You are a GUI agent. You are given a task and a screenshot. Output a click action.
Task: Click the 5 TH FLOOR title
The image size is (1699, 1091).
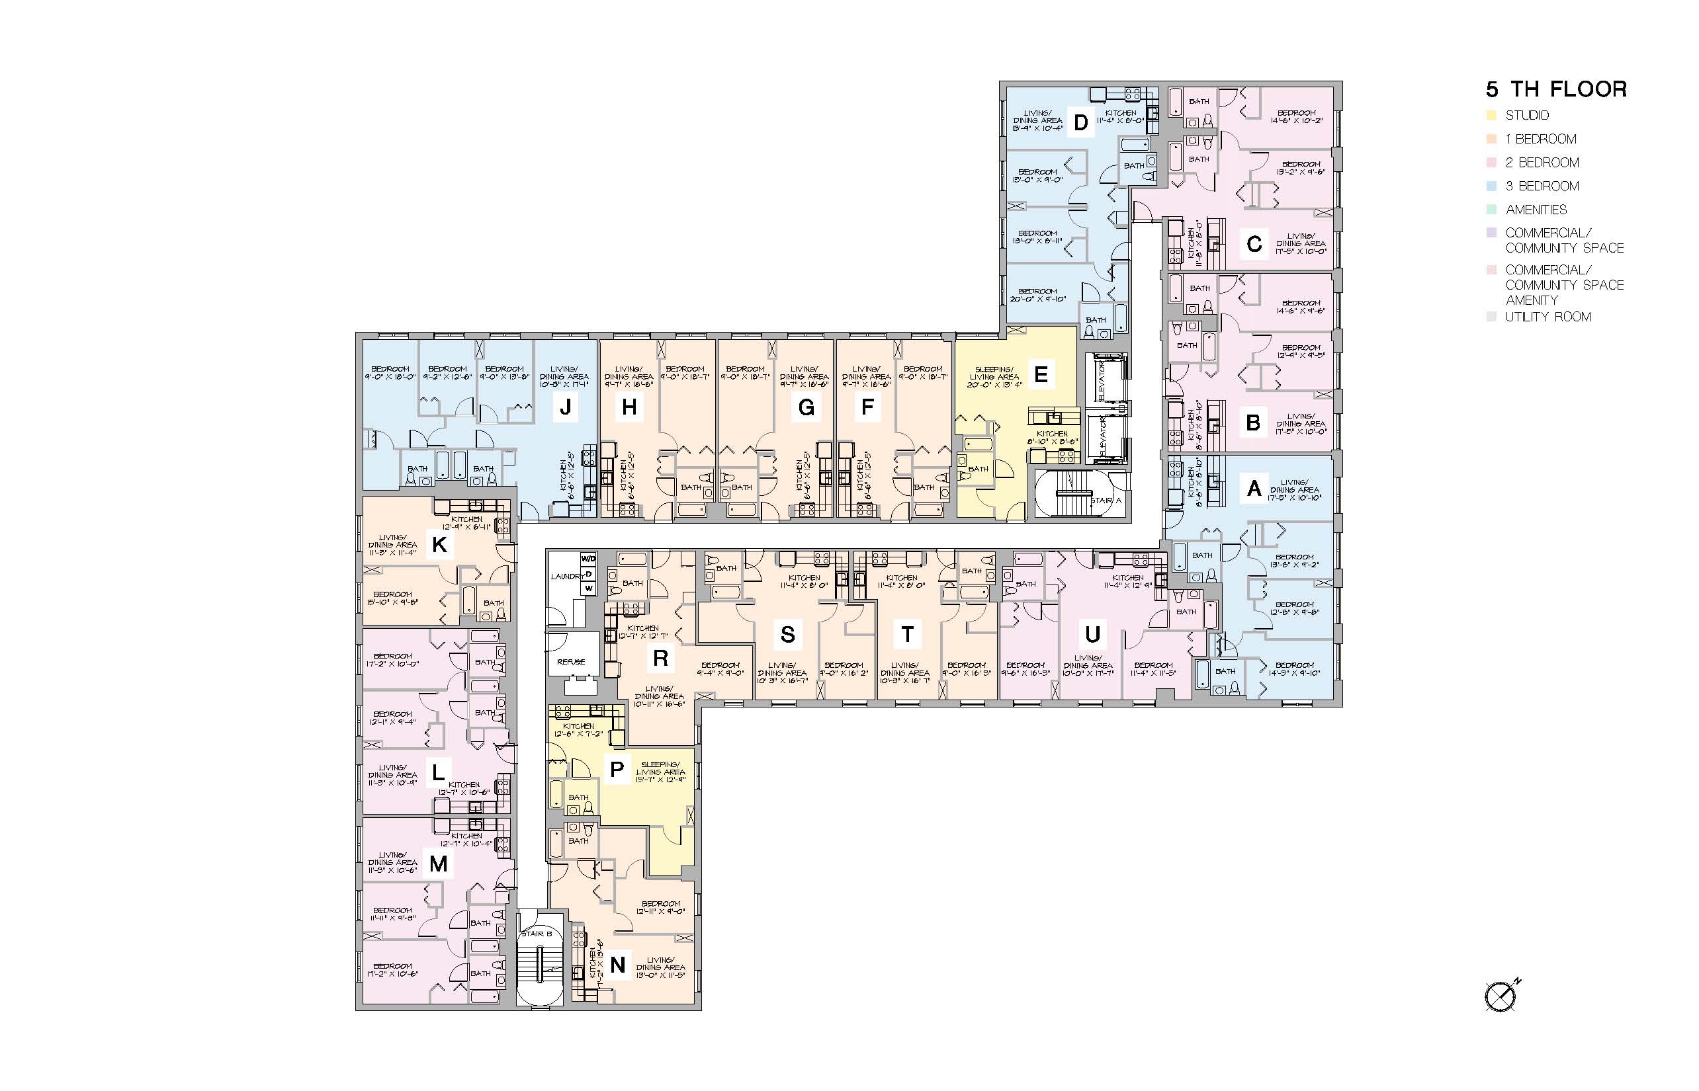pos(1556,89)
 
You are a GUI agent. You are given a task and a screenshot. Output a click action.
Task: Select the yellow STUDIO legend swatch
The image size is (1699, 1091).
pos(1491,116)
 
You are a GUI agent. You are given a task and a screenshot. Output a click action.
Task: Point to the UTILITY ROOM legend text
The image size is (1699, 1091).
pos(1548,317)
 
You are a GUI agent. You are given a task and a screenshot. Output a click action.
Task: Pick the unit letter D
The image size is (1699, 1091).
pos(1080,122)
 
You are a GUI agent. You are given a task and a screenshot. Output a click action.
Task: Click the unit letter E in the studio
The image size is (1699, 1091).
pos(1041,374)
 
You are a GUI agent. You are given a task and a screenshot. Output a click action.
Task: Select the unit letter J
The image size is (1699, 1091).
pos(565,407)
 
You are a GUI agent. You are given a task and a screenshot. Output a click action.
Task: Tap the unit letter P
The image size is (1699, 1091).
pos(617,770)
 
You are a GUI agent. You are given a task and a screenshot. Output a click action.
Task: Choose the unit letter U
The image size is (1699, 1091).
pos(1092,634)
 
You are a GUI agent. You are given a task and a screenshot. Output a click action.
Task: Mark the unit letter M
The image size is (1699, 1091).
pos(439,864)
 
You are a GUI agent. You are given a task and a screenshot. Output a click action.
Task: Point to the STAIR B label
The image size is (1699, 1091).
pos(536,934)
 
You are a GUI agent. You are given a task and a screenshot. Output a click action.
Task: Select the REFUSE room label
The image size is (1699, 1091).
pos(570,662)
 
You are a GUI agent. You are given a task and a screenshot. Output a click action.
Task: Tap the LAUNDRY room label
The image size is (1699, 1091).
pos(566,577)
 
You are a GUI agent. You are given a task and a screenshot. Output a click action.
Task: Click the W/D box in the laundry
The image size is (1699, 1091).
pos(588,558)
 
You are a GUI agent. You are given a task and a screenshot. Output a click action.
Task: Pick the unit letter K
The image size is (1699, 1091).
pos(439,545)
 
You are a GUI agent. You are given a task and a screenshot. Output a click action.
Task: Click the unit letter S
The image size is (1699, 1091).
pos(787,634)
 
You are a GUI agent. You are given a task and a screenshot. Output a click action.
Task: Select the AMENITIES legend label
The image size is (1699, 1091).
pos(1536,210)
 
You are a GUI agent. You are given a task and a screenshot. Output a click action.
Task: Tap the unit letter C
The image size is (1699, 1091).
pos(1254,245)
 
